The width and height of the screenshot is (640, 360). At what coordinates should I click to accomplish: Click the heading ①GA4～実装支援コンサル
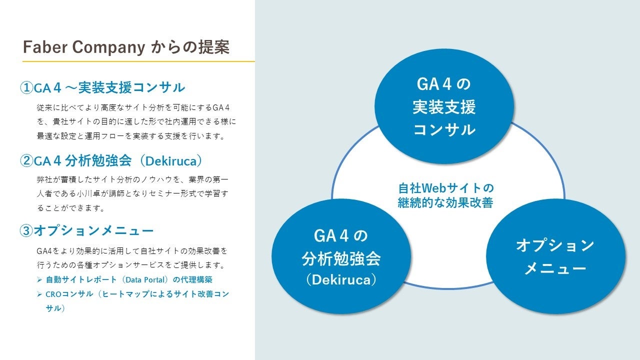coord(102,88)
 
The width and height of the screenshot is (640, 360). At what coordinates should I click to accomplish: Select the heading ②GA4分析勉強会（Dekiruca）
coord(111,160)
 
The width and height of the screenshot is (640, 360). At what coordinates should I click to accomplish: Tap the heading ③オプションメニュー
coord(86,230)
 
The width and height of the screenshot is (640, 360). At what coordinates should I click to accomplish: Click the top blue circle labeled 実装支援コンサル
coord(444,106)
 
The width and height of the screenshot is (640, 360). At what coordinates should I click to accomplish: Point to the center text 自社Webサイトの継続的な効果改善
coord(445,195)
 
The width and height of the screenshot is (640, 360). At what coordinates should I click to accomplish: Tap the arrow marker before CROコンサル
coord(39,294)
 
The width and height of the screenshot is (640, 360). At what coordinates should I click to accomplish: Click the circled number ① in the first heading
coord(26,88)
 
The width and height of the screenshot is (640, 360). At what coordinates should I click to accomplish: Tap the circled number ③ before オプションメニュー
coord(26,230)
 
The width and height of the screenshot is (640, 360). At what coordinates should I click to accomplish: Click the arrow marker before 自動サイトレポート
coord(39,279)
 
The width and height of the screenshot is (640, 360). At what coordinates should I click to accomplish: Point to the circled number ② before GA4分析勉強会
coord(26,160)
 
